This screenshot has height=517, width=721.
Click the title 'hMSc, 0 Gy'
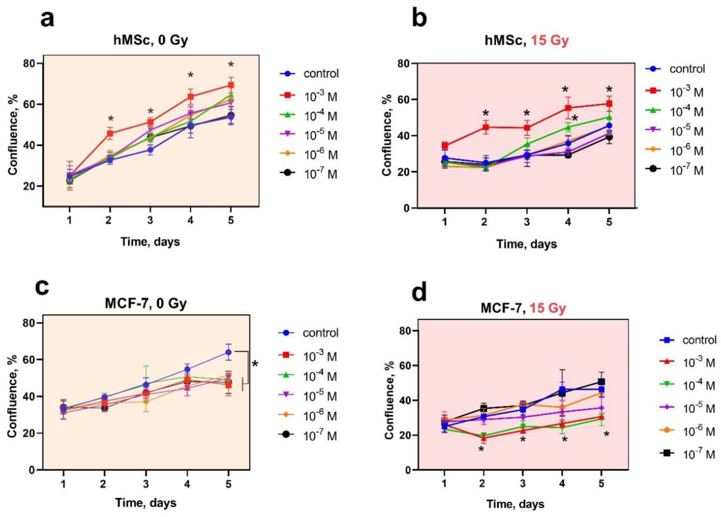(x=151, y=40)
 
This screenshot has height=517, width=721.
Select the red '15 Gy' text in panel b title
(x=550, y=40)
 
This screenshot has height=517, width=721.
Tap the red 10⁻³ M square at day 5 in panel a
(x=231, y=85)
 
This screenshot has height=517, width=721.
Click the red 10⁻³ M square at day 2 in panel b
(x=485, y=127)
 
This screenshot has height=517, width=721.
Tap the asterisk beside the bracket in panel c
(x=255, y=364)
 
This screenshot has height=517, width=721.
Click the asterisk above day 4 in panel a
(x=190, y=76)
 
